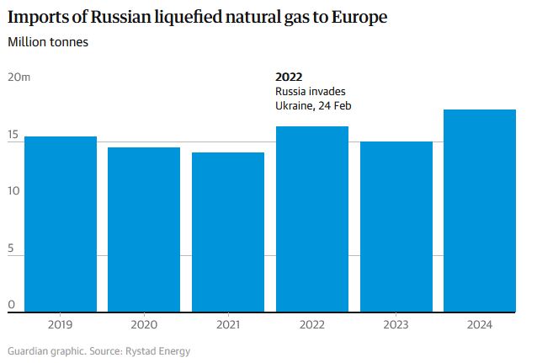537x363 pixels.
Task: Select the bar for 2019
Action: pos(61,224)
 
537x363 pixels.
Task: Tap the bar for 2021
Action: pos(228,232)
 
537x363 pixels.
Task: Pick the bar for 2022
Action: pos(311,219)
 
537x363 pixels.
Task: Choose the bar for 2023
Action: pos(396,227)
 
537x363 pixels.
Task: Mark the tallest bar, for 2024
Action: pos(480,211)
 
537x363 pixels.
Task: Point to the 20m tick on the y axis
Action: pos(19,77)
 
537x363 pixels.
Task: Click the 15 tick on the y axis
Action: pos(13,135)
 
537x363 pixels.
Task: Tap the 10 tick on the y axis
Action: pos(13,191)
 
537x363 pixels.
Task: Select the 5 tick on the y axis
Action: pos(11,248)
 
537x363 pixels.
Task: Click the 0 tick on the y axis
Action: pos(11,305)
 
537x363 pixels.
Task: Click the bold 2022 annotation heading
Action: pos(289,77)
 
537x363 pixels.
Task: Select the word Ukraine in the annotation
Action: pos(295,105)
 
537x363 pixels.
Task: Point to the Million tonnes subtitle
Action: pos(49,41)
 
